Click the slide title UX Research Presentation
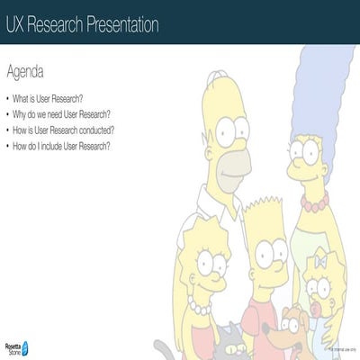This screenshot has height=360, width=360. coord(82,24)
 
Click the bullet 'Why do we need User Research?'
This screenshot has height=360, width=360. coord(62,114)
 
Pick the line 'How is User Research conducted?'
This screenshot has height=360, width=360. coord(64,130)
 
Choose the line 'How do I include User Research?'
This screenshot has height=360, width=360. coord(62,146)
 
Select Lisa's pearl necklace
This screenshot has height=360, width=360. coord(200,308)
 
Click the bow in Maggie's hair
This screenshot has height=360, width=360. coord(319,261)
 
